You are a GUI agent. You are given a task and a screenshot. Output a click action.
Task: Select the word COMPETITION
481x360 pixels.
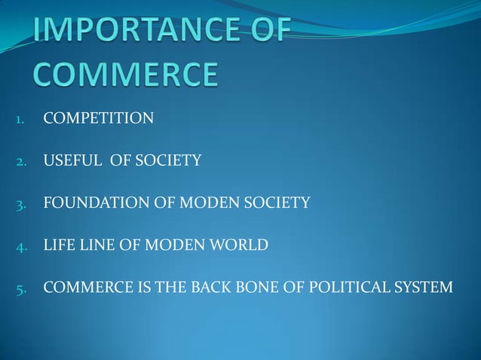[x=99, y=118]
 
